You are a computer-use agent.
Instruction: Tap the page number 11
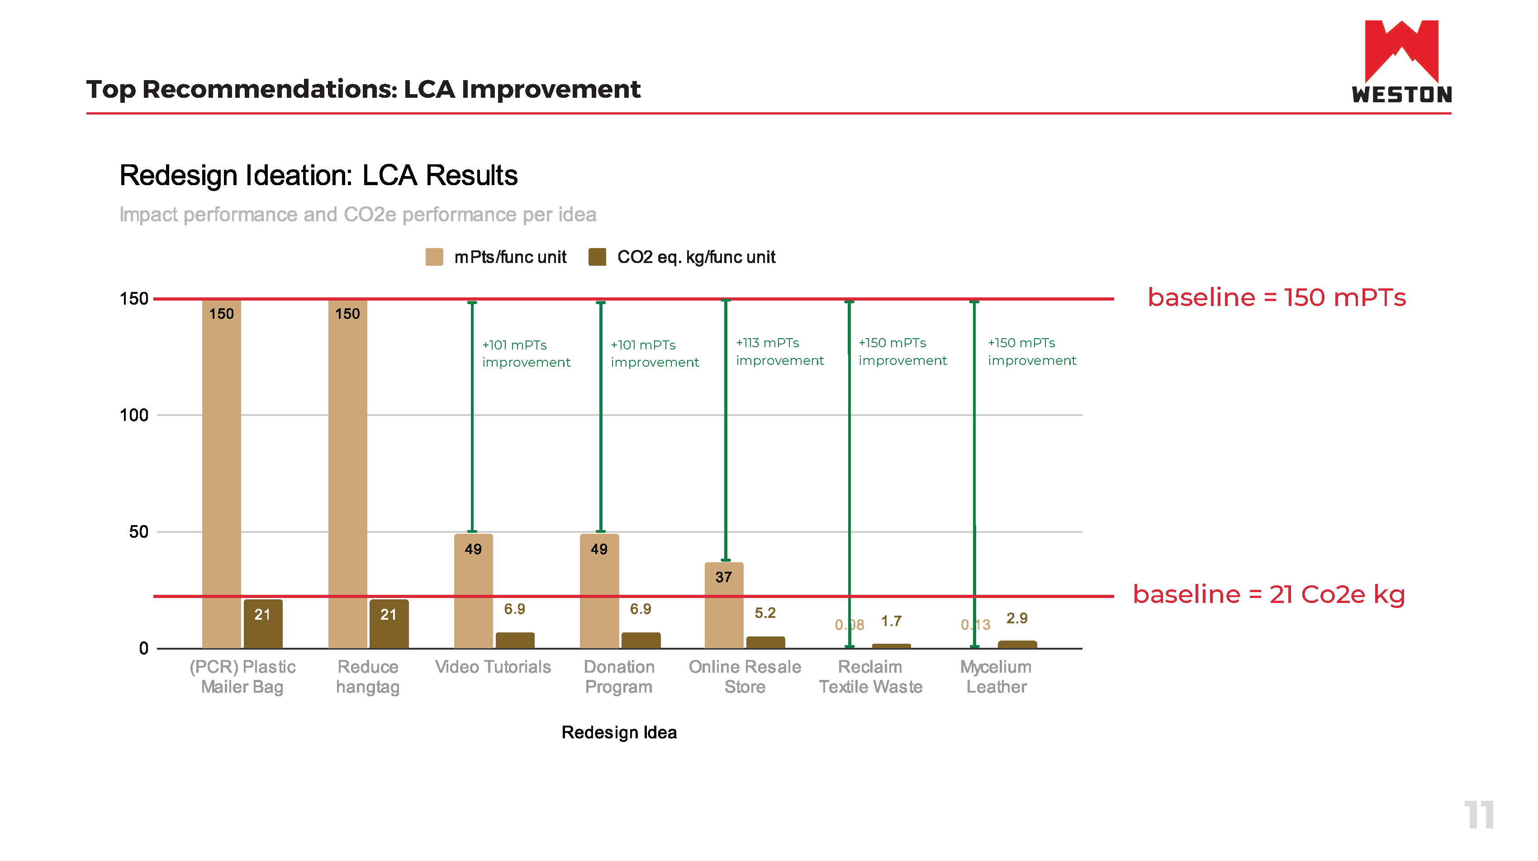click(1478, 814)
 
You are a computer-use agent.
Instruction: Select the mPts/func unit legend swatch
click(434, 257)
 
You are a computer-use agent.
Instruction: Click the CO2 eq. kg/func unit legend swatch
click(597, 257)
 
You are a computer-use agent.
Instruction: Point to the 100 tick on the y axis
click(134, 415)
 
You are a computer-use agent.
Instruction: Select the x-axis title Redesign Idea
click(619, 732)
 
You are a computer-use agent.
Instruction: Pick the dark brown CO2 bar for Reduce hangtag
click(389, 624)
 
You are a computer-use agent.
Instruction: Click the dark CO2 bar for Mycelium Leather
click(1017, 644)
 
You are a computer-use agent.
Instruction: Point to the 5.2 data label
click(765, 612)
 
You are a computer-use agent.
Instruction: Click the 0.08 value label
click(849, 625)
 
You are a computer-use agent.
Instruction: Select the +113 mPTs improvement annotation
click(779, 351)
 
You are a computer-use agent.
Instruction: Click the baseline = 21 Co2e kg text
click(1269, 594)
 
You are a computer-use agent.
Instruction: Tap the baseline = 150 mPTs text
click(1277, 297)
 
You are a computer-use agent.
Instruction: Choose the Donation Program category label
click(619, 676)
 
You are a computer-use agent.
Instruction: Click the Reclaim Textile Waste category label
click(870, 676)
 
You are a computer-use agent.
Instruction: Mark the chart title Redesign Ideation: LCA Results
click(318, 176)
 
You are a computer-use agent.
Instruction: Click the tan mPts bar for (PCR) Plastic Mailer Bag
click(222, 478)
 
